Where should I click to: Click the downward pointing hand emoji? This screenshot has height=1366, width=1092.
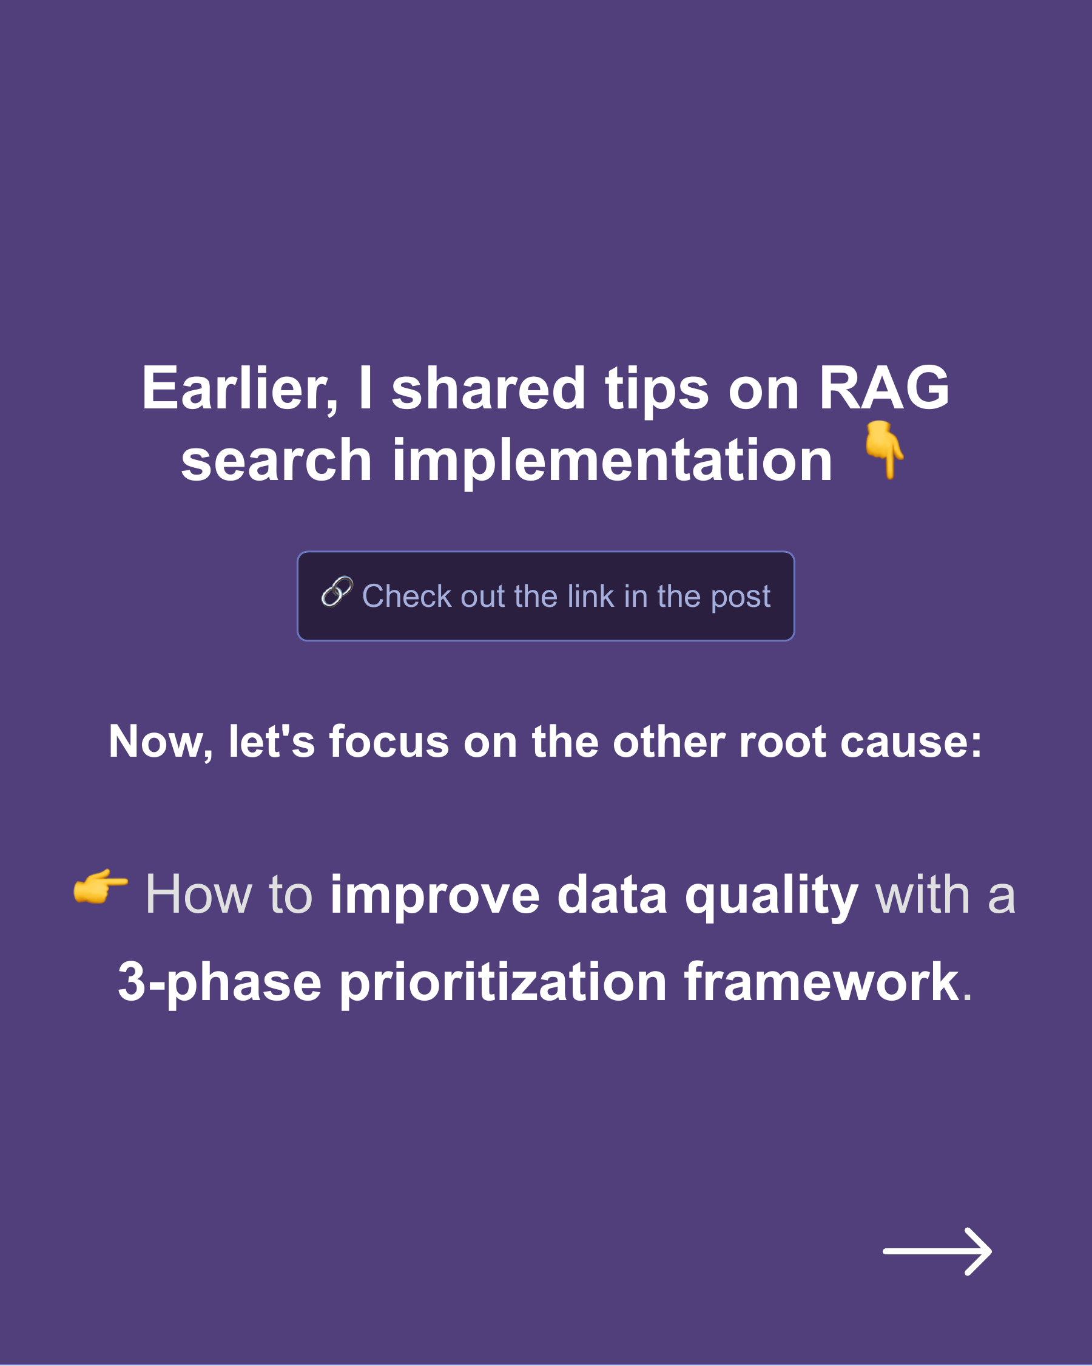tap(885, 449)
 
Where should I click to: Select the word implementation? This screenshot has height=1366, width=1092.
tap(612, 461)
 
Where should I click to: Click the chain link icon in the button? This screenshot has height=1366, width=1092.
tap(336, 592)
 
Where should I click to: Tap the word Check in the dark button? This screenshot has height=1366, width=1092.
tap(406, 597)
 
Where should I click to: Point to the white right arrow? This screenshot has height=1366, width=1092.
tap(937, 1251)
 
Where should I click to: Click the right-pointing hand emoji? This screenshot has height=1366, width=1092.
tap(100, 886)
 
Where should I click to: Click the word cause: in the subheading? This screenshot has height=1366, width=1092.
tap(911, 742)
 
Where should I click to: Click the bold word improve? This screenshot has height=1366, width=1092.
tap(434, 895)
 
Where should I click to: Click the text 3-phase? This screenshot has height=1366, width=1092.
tap(219, 982)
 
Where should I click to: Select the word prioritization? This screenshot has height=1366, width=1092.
tap(503, 982)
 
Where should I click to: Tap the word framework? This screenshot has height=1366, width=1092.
tap(821, 981)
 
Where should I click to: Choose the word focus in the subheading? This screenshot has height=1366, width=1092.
tap(388, 742)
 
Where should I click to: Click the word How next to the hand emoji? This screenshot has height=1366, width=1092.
tap(198, 895)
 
